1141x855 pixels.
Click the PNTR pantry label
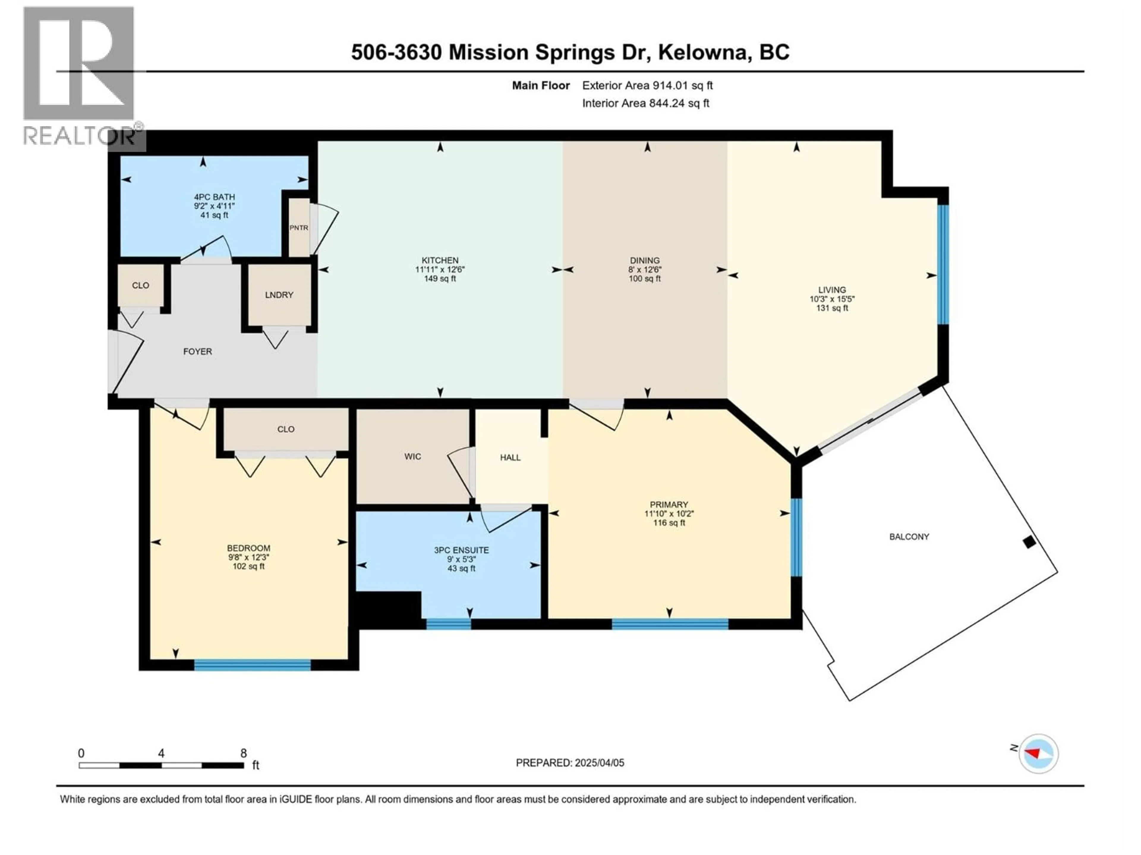point(299,227)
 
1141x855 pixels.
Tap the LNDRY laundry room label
point(279,295)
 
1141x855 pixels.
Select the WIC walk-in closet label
point(413,457)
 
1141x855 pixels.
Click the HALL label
point(510,457)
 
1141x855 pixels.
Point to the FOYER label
point(198,351)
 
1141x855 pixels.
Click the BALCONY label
point(909,536)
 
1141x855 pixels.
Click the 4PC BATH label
point(214,197)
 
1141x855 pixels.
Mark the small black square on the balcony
point(1029,542)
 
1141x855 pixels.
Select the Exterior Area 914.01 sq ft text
point(647,85)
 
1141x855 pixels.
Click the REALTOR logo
point(80,77)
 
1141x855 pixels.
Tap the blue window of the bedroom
point(252,665)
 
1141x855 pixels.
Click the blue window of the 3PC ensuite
point(448,624)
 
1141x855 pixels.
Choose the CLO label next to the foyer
point(140,286)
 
